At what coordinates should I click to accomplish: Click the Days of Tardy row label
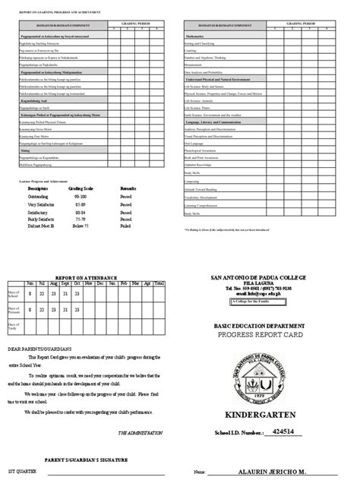15,325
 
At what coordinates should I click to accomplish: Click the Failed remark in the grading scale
127,226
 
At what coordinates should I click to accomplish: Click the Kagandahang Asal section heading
33,99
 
